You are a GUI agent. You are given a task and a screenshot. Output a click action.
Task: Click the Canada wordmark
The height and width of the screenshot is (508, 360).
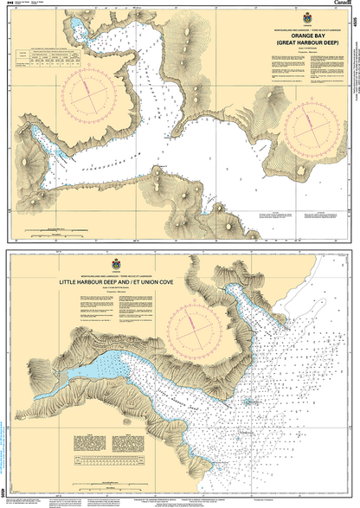click(x=339, y=4)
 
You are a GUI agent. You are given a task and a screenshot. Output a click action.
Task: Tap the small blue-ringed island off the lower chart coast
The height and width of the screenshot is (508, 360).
click(x=249, y=401)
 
